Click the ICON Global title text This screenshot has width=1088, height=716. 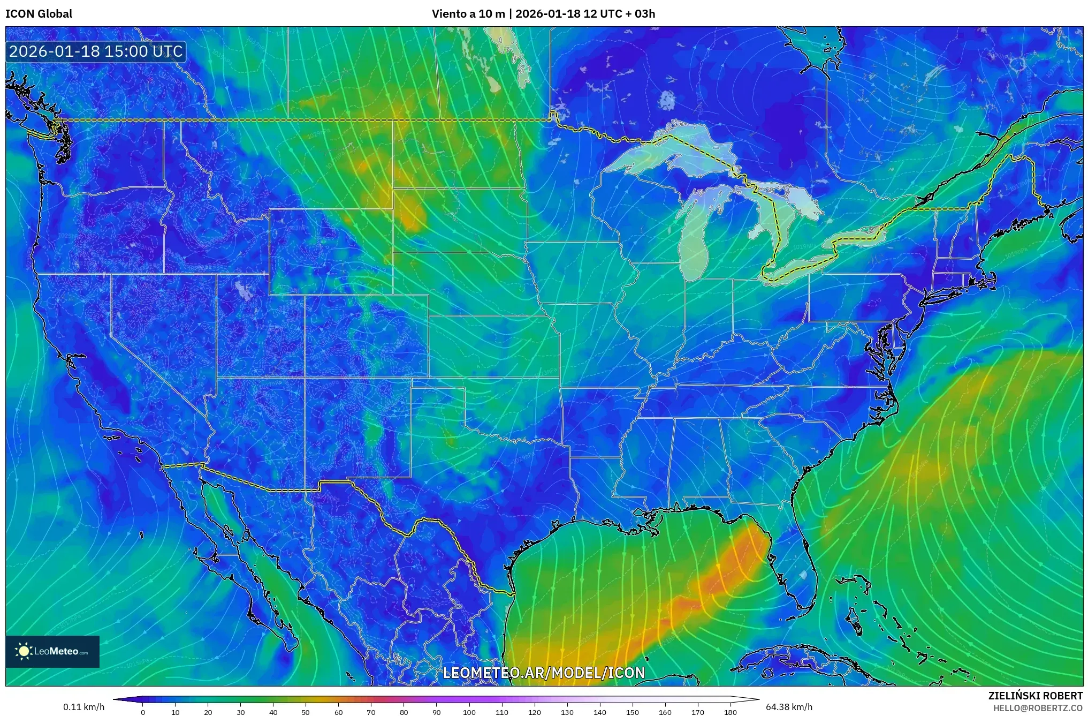point(39,13)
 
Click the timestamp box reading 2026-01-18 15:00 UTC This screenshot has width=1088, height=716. point(96,51)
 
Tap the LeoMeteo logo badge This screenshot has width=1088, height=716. point(52,651)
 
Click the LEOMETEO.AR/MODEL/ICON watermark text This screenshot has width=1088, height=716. point(544,673)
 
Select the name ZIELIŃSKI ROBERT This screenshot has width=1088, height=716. point(1035,696)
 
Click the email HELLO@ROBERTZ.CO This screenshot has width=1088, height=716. point(1038,708)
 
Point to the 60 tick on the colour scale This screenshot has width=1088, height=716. point(338,712)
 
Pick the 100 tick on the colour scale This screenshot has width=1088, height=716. point(469,712)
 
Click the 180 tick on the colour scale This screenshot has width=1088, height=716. point(730,712)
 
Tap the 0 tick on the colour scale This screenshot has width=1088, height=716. point(142,712)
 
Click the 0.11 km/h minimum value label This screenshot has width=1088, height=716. point(83,707)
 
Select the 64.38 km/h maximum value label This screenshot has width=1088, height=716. point(789,707)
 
